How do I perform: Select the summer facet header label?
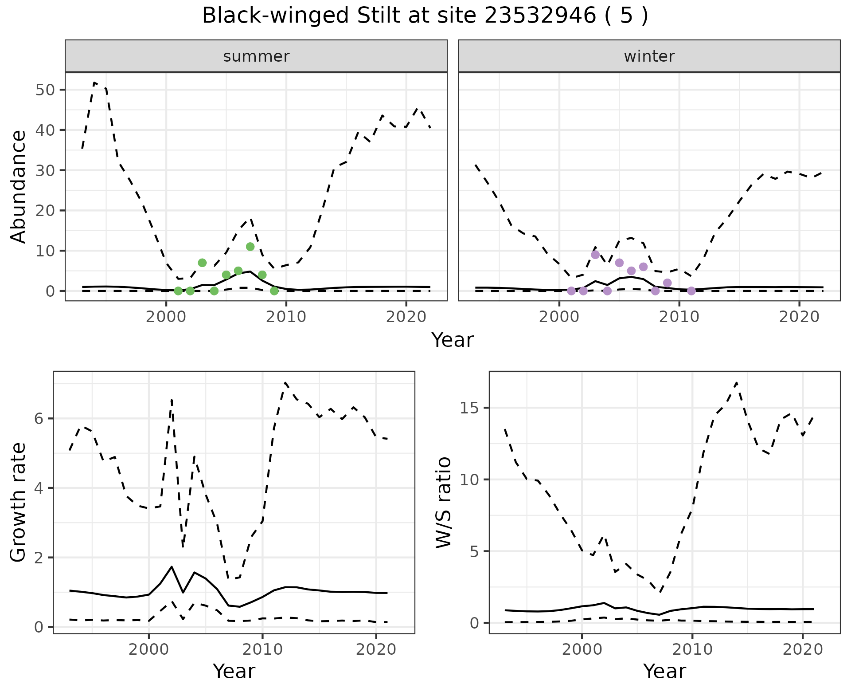[x=256, y=56]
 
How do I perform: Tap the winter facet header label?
[x=649, y=56]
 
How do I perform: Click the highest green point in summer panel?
[x=250, y=247]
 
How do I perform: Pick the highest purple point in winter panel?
[x=595, y=255]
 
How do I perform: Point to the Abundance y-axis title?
[x=19, y=186]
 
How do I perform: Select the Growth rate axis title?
[x=19, y=502]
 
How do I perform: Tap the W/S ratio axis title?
[x=443, y=502]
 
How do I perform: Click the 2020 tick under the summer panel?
[x=406, y=317]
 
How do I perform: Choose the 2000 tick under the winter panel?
[x=559, y=317]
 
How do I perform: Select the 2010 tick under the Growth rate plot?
[x=262, y=649]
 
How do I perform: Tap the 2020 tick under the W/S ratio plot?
[x=802, y=649]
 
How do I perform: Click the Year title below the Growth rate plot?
[x=234, y=672]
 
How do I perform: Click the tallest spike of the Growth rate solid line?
[x=172, y=566]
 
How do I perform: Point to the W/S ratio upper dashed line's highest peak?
[x=736, y=382]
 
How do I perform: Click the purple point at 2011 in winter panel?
[x=691, y=291]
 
